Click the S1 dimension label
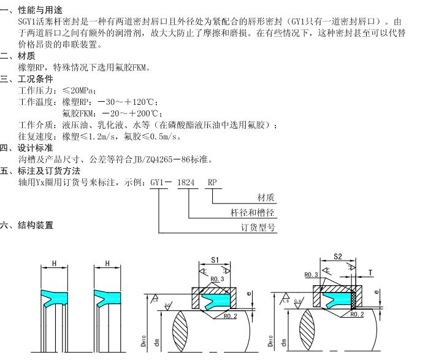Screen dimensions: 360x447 pos(215,259)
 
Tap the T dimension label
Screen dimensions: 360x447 pos(370,272)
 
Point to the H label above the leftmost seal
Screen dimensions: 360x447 pos(55,264)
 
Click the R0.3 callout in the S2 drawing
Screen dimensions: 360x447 pos(311,275)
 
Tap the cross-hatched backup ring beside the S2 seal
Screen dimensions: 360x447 pos(354,299)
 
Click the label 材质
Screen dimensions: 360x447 pos(266,197)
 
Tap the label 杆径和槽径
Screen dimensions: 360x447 pos(251,213)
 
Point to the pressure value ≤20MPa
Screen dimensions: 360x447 pos(80,91)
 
